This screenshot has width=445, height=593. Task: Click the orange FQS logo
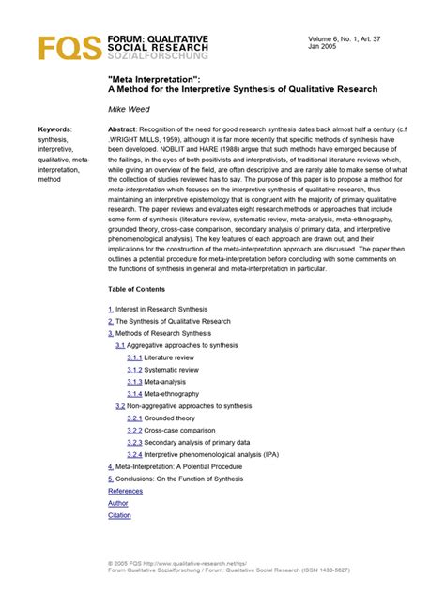point(59,48)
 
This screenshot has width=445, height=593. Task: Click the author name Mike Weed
point(130,109)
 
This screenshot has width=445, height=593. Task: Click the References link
point(126,491)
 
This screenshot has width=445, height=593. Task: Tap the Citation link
point(119,515)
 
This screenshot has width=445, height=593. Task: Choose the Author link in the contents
point(117,503)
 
